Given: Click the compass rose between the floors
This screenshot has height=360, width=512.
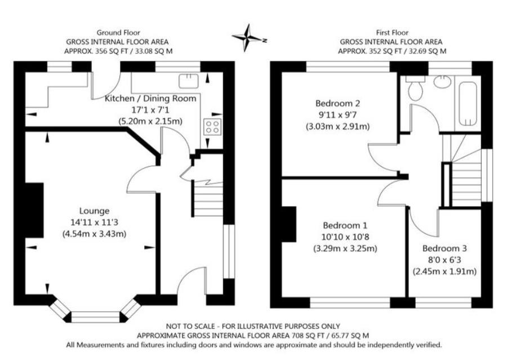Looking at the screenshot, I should (248, 38).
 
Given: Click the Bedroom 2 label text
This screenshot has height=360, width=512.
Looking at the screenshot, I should (338, 104).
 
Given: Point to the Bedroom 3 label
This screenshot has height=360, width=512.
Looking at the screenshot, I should (444, 248).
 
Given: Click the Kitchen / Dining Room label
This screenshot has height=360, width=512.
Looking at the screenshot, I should (151, 99).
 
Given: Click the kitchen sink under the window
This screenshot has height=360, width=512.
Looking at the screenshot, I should (188, 81).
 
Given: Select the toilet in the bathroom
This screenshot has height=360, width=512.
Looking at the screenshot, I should (416, 89).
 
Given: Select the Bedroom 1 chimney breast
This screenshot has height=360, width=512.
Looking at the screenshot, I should (290, 224).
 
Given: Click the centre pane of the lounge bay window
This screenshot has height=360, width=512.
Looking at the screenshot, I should (96, 317).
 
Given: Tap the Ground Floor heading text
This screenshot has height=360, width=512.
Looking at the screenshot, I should (118, 33).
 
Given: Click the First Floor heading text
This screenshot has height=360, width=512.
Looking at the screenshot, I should (393, 33).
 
